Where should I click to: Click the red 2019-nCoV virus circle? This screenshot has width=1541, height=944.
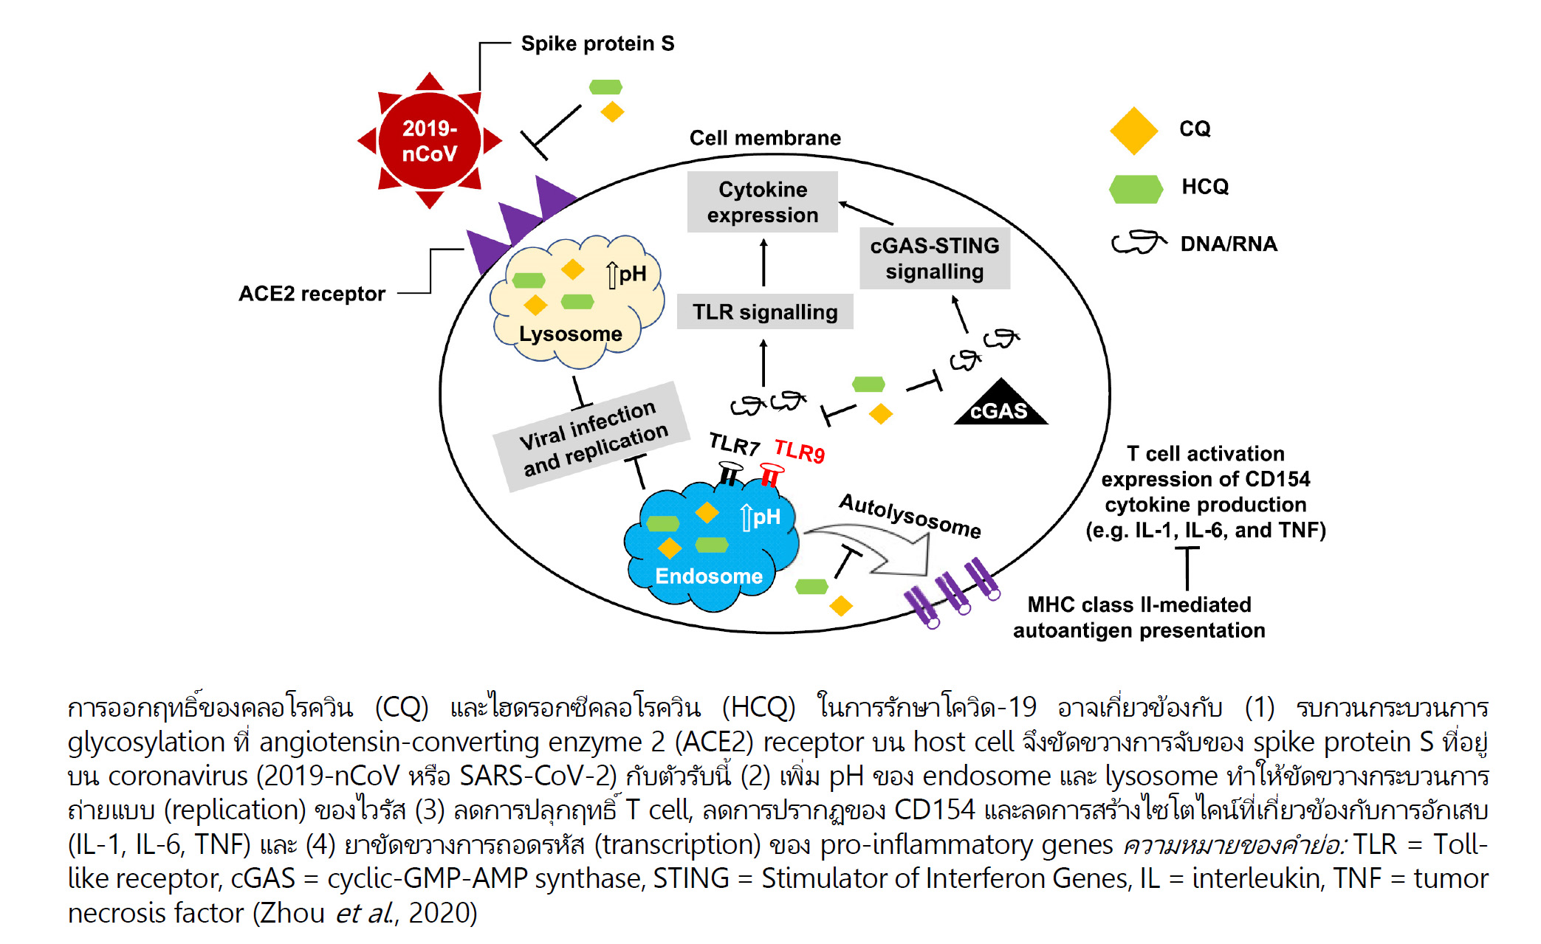429,140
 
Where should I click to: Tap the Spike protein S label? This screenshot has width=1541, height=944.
597,44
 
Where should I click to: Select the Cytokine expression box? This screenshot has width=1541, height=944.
762,201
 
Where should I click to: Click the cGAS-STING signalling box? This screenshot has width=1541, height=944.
934,258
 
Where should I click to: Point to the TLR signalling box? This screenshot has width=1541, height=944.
765,311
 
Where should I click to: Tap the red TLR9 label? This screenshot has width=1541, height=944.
799,450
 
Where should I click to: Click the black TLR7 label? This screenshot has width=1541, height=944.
734,444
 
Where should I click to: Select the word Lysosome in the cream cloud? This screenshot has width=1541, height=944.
570,334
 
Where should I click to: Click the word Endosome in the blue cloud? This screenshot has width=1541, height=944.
708,576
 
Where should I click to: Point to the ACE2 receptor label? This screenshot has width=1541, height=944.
312,294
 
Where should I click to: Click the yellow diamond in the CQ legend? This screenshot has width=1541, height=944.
1133,131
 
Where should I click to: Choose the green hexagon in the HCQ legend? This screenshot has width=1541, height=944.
1136,189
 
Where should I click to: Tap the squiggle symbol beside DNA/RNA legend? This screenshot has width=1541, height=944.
1138,242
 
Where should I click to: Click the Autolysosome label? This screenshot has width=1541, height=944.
910,515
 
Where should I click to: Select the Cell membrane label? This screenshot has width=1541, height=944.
765,138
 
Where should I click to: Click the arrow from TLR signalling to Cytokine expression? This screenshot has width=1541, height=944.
763,263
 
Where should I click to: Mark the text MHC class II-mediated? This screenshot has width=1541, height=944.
1139,604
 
